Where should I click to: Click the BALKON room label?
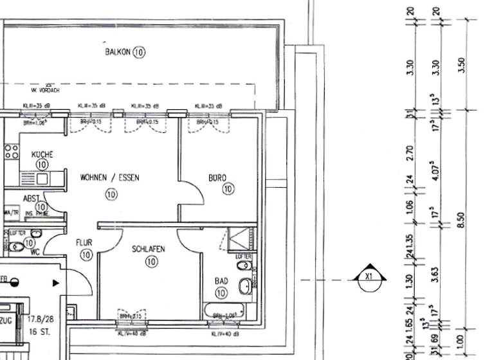coord(118,52)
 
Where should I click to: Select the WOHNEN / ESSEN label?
coord(109,177)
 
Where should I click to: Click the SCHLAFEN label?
coord(149,249)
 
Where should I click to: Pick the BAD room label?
coord(221,281)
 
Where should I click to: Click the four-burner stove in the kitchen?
coord(11,152)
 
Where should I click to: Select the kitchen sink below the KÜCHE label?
coord(29,178)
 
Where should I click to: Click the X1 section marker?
coord(369,278)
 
